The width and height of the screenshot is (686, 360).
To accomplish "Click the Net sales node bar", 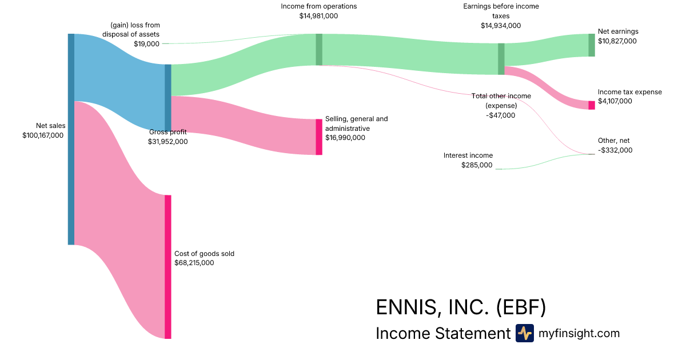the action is [x=71, y=139].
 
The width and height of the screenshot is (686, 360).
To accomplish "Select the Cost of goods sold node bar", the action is [x=168, y=267].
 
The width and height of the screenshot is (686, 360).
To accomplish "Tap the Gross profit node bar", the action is [x=168, y=98].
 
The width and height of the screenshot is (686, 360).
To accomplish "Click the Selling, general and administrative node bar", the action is [x=319, y=137].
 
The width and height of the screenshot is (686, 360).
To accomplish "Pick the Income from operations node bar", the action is [x=319, y=49].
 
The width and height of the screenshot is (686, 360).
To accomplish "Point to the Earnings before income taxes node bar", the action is [x=501, y=59].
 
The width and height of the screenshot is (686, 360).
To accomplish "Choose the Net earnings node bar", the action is [x=592, y=45].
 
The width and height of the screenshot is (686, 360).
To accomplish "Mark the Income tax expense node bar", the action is [x=592, y=105].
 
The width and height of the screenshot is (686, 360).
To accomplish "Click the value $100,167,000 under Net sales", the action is [x=42, y=135].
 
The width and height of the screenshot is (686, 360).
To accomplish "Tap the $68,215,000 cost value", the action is [x=194, y=263].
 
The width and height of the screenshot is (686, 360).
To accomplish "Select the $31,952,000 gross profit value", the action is [x=167, y=142].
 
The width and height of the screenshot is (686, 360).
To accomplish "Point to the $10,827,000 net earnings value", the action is [x=617, y=41].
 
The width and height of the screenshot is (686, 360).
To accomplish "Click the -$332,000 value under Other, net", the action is [x=615, y=150].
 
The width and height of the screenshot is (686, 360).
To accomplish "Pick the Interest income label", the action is [x=468, y=155].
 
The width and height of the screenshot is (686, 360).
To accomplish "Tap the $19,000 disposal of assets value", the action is [x=146, y=43].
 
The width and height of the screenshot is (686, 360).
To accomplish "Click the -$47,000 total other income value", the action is [x=500, y=115].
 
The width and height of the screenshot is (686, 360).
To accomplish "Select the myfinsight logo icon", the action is [x=524, y=333].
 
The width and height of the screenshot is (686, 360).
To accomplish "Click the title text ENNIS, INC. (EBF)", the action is [x=461, y=307].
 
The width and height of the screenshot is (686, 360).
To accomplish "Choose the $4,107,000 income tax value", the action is [x=615, y=101].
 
